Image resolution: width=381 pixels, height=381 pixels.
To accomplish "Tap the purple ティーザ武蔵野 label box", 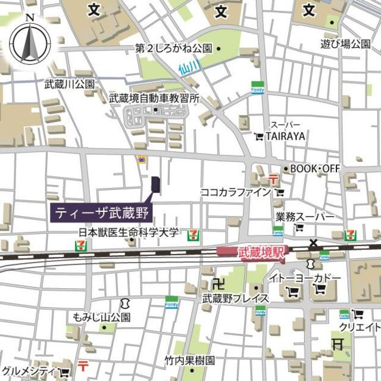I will [102, 211].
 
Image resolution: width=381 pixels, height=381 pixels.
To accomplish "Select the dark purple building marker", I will [155, 185].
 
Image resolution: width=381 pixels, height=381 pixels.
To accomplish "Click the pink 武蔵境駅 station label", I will [252, 252].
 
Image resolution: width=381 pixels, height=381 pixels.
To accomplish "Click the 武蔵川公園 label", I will [69, 85].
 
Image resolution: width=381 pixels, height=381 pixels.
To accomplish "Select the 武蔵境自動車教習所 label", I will [154, 98].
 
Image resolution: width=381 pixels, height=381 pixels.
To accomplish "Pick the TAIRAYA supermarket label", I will [285, 136].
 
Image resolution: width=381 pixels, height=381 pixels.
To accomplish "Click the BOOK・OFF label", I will [314, 169].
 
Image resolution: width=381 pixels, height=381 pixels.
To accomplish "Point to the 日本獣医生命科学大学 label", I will [129, 233].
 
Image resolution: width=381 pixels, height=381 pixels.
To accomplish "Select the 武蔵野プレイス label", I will [233, 298].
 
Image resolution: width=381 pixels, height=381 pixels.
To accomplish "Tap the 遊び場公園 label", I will [345, 43].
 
